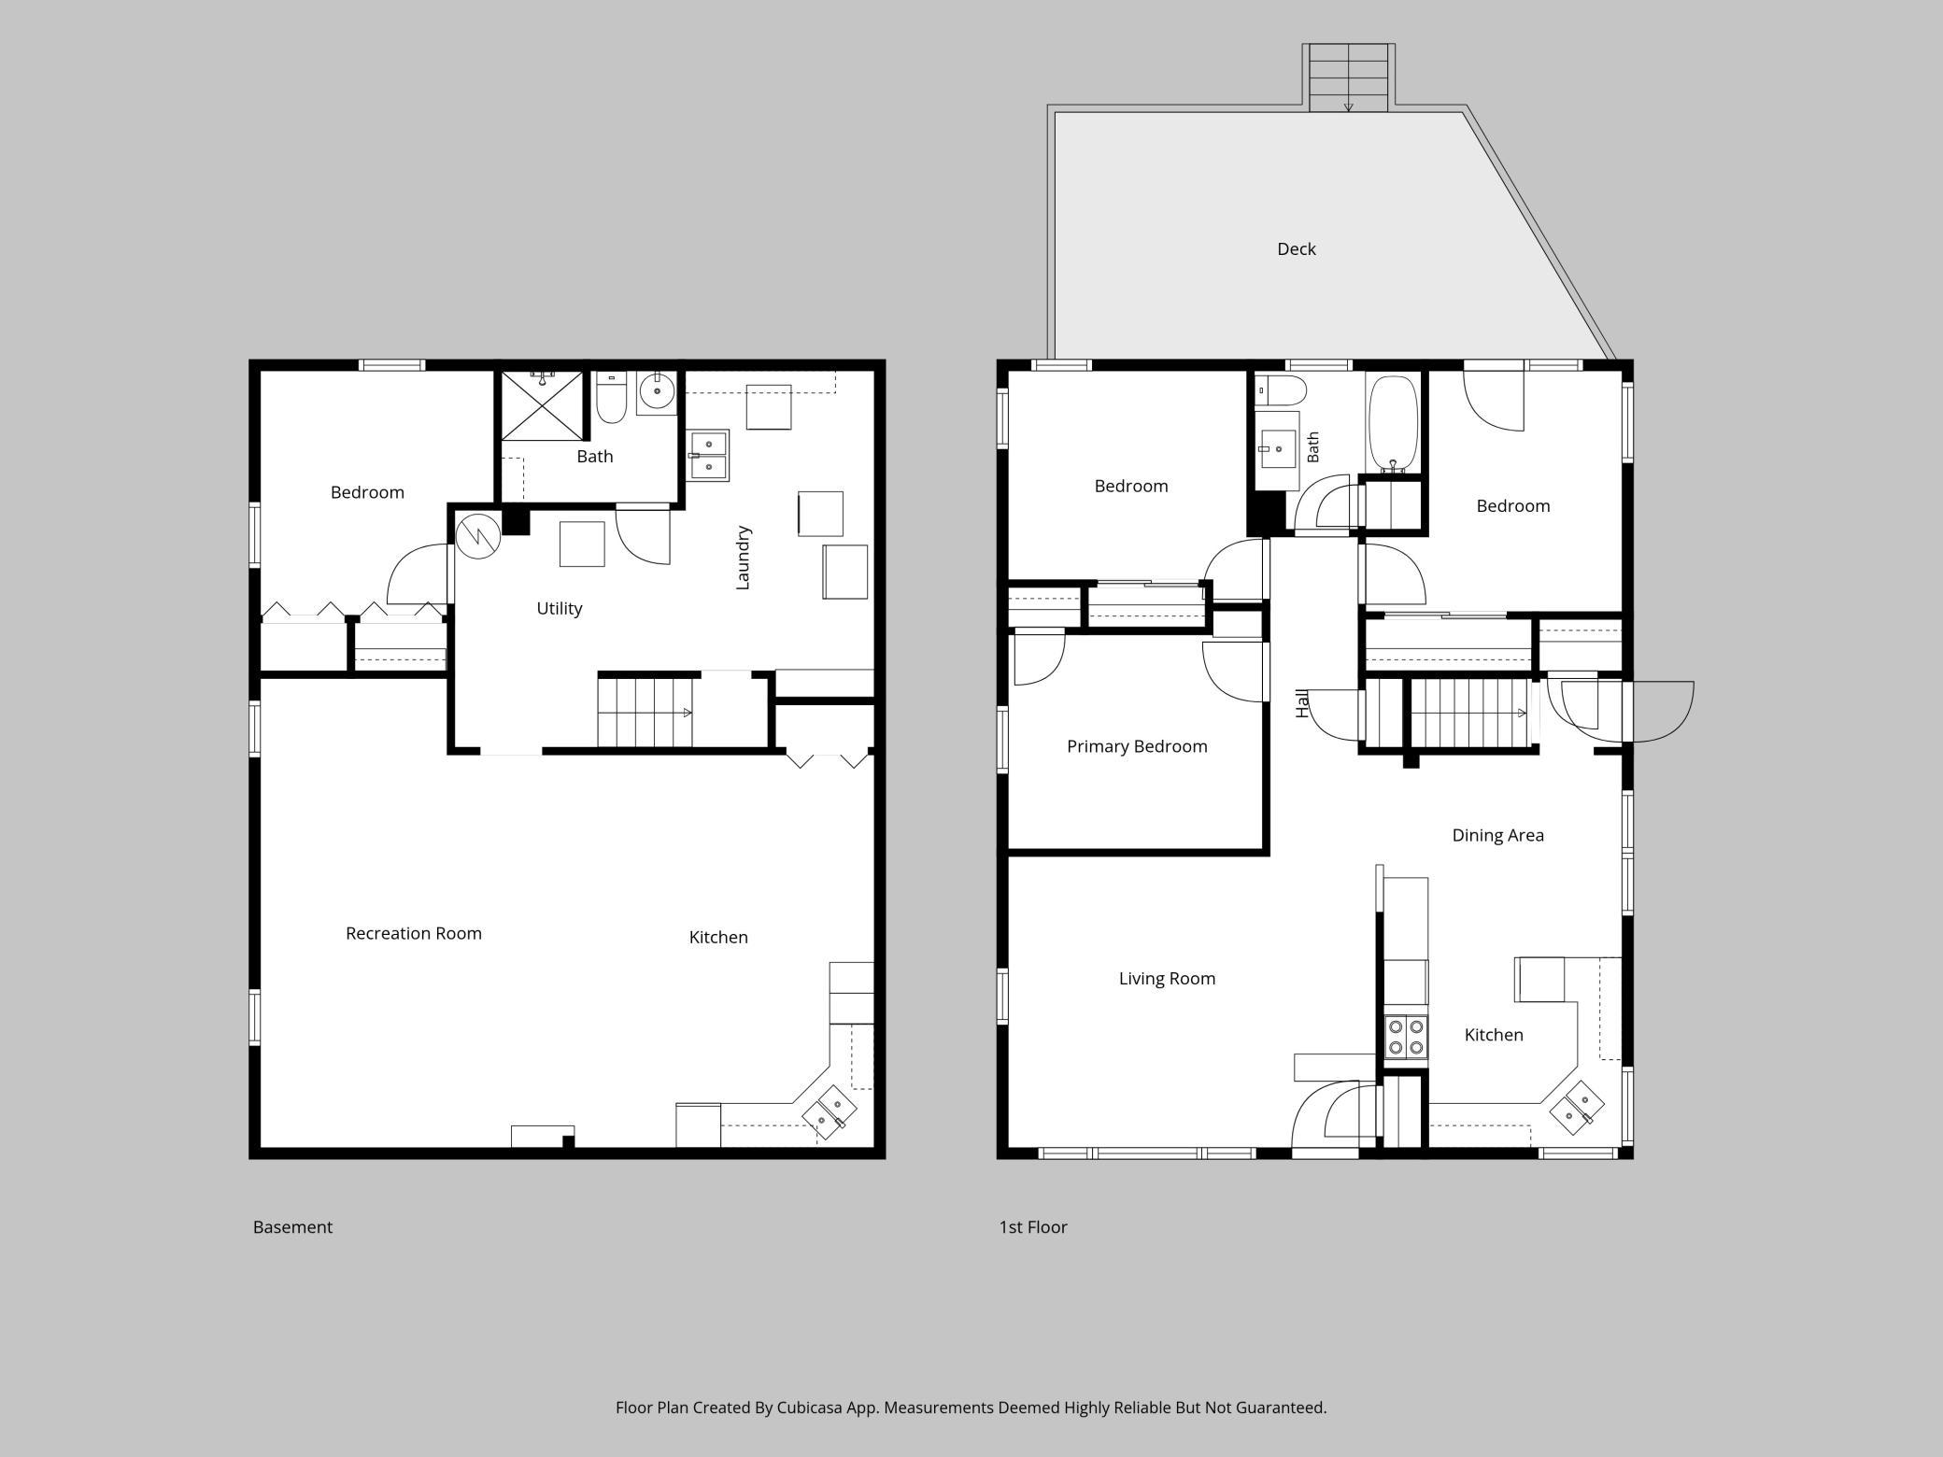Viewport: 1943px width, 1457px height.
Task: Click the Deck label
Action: click(x=1296, y=248)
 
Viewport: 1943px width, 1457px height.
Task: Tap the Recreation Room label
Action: click(x=414, y=933)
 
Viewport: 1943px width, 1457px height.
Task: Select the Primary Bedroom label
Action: click(x=1137, y=746)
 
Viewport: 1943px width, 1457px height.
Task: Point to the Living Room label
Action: click(x=1167, y=979)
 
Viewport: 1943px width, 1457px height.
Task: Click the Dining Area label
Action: click(x=1497, y=836)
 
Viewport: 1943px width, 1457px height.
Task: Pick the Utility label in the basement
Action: click(x=559, y=609)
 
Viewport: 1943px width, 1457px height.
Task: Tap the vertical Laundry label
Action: click(x=744, y=558)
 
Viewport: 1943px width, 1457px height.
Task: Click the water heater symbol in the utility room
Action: click(x=478, y=537)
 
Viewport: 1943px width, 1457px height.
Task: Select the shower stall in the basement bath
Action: click(x=542, y=405)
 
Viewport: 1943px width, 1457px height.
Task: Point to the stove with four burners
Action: click(x=1406, y=1036)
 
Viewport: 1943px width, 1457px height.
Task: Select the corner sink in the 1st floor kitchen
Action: click(x=1577, y=1108)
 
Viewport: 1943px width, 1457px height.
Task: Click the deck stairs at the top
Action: click(x=1348, y=78)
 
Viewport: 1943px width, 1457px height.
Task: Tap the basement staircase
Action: click(x=645, y=713)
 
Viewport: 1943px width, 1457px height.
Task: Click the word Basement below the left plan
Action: click(x=292, y=1227)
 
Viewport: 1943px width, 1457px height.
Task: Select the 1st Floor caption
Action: click(x=1033, y=1227)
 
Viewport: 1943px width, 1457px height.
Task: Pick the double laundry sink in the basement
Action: click(x=708, y=455)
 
